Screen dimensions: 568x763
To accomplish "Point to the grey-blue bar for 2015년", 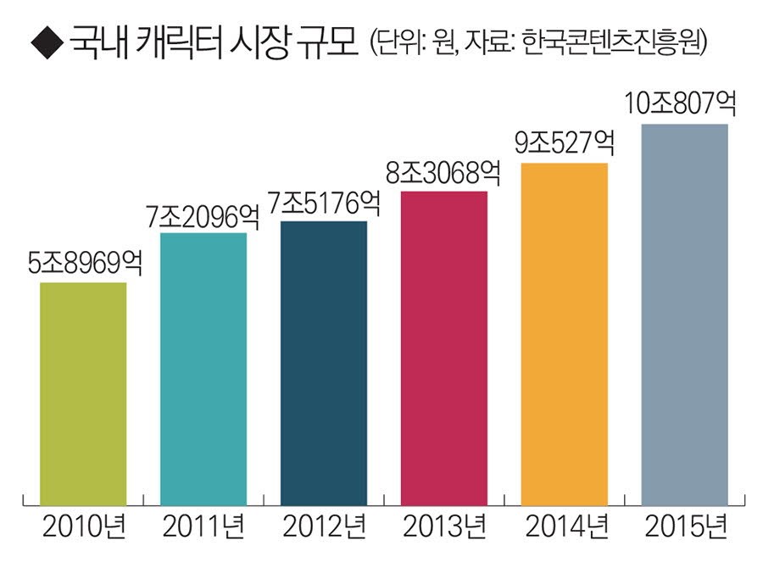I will pos(684,315).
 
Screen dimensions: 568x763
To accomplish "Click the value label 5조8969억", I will pos(84,264).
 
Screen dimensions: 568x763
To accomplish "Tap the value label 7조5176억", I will pos(323,204).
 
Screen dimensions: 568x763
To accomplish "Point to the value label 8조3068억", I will pos(443,175).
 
